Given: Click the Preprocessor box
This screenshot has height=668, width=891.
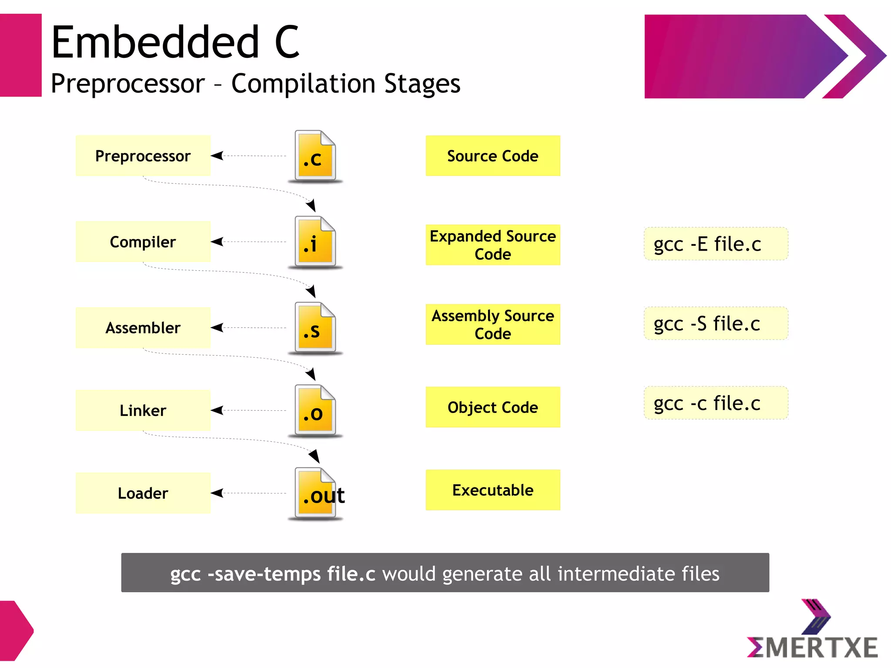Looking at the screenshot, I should pos(143,156).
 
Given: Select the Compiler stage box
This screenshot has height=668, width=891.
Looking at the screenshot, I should pos(143,242).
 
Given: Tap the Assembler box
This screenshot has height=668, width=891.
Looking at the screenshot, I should pos(143,328).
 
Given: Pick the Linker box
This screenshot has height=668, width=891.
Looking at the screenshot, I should pos(143,410).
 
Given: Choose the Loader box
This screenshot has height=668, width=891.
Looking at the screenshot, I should pos(143,493).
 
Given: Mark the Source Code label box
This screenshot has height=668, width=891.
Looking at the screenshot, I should pos(492,156).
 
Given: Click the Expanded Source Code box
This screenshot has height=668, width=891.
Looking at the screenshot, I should pos(492,245).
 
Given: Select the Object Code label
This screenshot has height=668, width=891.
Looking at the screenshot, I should pos(492,407).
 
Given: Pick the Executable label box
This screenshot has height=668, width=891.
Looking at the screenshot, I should pos(492,490).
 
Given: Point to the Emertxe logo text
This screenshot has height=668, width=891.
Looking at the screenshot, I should pos(812,648).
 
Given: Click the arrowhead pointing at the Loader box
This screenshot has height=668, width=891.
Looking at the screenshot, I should pos(217,493).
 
